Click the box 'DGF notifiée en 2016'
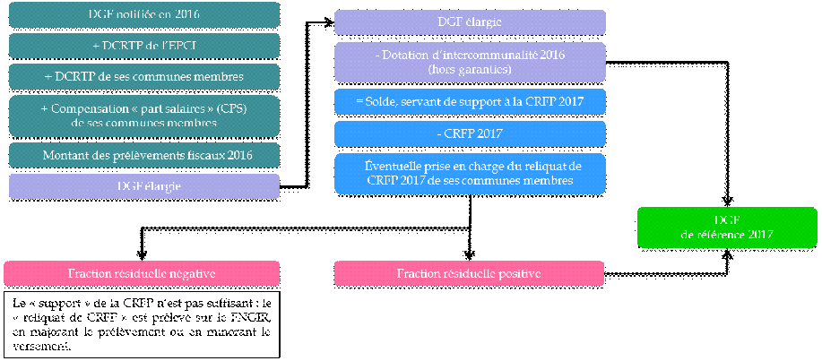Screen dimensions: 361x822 click(x=143, y=15)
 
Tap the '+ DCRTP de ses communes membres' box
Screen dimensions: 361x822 click(x=143, y=77)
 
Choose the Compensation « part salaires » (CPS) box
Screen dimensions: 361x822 click(x=143, y=116)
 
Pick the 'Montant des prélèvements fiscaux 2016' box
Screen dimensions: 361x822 click(x=143, y=155)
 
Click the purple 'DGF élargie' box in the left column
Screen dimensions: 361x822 click(x=143, y=185)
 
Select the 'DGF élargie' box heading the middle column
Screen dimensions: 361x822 click(x=470, y=21)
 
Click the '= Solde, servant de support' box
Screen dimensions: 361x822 click(x=470, y=102)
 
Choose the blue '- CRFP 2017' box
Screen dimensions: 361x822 click(x=470, y=133)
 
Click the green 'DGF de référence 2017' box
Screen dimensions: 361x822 click(x=727, y=227)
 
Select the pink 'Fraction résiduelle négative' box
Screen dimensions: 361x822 click(x=142, y=273)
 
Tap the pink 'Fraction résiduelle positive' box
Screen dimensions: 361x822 click(x=470, y=273)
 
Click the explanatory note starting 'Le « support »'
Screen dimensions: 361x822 click(x=142, y=323)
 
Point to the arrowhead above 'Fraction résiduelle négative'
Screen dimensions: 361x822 click(x=141, y=254)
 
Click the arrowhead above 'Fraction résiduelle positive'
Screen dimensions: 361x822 click(x=470, y=254)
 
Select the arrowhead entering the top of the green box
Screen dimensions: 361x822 click(x=727, y=201)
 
